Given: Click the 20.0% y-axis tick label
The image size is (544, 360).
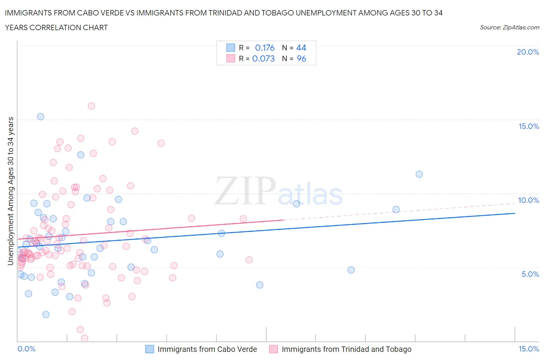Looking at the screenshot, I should click(x=528, y=52).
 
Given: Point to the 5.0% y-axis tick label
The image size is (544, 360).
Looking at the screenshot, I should click(x=530, y=274).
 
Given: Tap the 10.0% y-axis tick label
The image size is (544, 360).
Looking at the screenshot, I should click(x=528, y=200).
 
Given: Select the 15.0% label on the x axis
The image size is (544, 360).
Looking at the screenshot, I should click(x=529, y=349).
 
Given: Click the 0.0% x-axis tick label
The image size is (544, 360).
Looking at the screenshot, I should click(x=26, y=349).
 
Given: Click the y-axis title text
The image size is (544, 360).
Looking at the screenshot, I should click(x=10, y=191).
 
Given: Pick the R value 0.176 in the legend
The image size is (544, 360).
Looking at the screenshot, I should click(x=265, y=48).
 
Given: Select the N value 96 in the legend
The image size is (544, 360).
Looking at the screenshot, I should click(x=301, y=58).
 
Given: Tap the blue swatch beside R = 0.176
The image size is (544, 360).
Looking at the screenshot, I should click(x=231, y=48).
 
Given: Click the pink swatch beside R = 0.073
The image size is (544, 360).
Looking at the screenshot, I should click(x=231, y=58).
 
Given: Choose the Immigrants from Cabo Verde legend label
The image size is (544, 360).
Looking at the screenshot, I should click(x=207, y=349).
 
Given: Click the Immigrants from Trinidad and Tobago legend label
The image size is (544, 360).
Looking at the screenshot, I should click(x=346, y=349).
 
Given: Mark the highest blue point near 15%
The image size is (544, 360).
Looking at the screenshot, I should click(x=41, y=117).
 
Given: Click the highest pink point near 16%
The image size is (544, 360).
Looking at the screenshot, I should click(x=91, y=106).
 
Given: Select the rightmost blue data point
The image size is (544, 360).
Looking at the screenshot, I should click(x=419, y=174).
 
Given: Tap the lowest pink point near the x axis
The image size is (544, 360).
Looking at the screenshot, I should click(x=84, y=338).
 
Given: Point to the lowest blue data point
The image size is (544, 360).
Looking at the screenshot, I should click(x=46, y=314).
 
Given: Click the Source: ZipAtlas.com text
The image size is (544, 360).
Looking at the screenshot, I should click(x=509, y=27).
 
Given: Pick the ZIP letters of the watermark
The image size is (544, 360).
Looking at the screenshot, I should click(x=245, y=190).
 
